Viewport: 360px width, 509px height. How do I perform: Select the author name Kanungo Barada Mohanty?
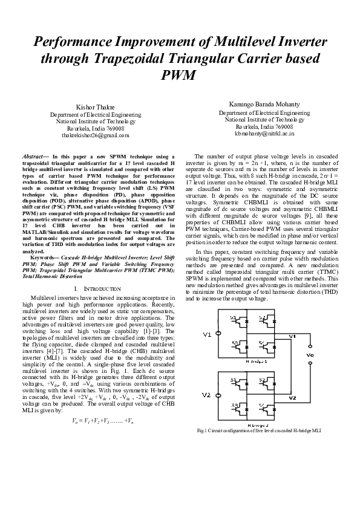pos(264,104)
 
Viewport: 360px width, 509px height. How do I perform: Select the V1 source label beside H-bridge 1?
pos(208,334)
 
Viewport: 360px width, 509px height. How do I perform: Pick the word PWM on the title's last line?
pos(180,76)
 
